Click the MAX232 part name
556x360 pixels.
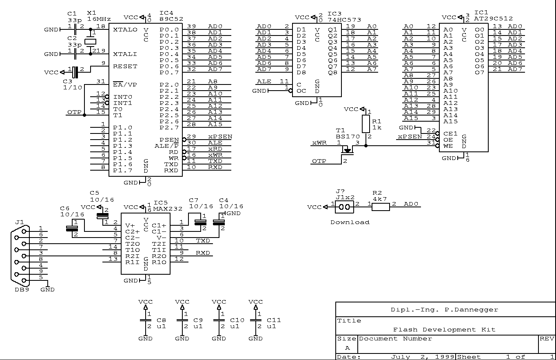[166, 208]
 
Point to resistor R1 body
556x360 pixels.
[365, 122]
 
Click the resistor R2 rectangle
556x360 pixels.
[381, 207]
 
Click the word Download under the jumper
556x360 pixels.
[350, 222]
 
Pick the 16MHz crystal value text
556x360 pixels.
[99, 19]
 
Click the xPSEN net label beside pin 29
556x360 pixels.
[220, 136]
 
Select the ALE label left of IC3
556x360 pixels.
[264, 82]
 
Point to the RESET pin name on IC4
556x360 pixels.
[125, 67]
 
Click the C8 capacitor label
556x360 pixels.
[161, 320]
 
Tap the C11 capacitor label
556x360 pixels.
[274, 320]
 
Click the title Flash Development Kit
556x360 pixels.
[444, 330]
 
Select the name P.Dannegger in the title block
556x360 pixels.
[471, 310]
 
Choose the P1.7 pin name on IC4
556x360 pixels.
[122, 171]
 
